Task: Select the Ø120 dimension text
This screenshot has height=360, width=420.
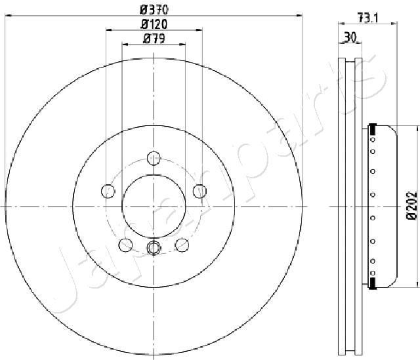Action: [154, 24]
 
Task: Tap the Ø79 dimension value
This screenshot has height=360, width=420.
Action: [154, 39]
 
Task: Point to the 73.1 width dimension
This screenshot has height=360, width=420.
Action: [367, 17]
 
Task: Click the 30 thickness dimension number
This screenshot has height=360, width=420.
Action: [350, 37]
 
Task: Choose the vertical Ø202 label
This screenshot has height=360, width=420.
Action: [411, 207]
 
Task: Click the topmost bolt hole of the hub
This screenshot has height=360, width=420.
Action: [154, 157]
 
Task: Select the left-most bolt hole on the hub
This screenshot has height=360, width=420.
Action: [108, 191]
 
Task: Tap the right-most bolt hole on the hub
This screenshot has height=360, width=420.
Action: [199, 191]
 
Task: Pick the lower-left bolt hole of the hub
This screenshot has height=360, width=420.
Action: [125, 245]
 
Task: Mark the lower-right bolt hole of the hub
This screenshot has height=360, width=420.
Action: [182, 245]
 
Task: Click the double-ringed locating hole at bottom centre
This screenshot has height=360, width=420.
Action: [154, 247]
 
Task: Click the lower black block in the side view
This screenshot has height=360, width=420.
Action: [373, 283]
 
